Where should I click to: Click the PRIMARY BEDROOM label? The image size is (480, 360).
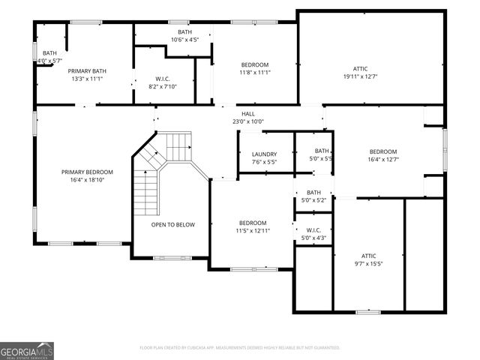click(87, 172)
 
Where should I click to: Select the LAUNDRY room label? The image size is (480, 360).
click(264, 154)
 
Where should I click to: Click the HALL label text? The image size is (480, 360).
click(247, 114)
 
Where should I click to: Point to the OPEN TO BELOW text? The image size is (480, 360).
click(173, 224)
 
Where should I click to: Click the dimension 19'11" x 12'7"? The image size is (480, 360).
click(360, 76)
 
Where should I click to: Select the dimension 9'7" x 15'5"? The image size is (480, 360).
click(368, 263)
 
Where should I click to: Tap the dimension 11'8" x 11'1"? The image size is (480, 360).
click(254, 73)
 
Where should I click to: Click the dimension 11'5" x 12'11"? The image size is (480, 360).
click(253, 231)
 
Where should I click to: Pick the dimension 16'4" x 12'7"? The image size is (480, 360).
click(382, 159)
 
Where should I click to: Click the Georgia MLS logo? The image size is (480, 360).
click(27, 350)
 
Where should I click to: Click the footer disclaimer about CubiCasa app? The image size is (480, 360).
click(240, 348)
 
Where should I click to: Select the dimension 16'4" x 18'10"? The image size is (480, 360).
click(87, 180)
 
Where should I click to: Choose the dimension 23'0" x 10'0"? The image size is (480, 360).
click(247, 121)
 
